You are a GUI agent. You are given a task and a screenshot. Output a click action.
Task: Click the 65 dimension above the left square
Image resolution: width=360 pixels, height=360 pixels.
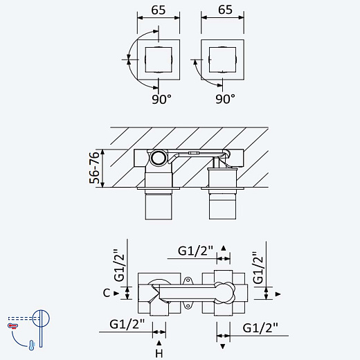pos(159,10)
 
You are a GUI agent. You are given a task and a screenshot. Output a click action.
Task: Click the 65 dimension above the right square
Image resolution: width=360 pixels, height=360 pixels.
pos(225,10)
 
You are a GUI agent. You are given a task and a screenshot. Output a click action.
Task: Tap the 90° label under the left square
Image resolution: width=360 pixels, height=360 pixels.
pos(161,99)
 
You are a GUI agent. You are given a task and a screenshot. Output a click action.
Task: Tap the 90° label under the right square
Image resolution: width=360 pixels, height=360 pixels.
pos(225,99)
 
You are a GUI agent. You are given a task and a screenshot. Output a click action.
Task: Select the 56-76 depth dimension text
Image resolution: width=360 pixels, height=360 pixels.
pos(94,168)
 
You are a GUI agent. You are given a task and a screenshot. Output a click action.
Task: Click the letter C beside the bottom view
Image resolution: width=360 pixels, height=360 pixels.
pos(107,293)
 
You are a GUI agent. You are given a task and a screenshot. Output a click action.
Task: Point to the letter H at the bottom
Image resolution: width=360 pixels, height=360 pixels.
pos(159,354)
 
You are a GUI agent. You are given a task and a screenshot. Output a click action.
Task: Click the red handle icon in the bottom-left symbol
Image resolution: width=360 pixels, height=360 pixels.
pos(12,325)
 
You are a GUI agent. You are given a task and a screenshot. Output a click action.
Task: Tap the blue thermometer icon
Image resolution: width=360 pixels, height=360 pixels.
pos(32,345)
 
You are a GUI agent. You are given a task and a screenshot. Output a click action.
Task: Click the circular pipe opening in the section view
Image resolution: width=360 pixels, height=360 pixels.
pos(159,158)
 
